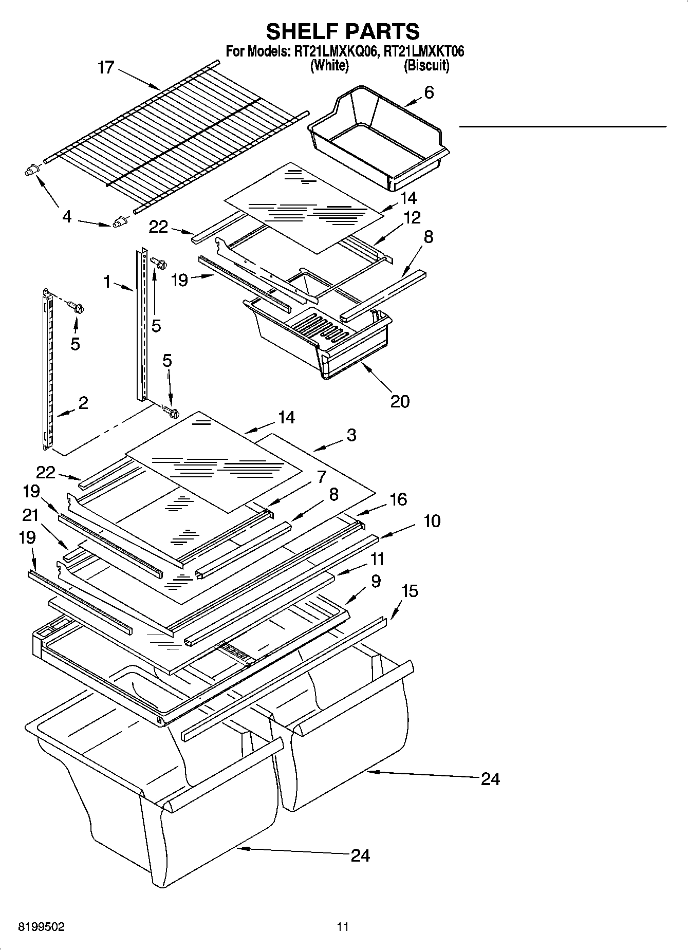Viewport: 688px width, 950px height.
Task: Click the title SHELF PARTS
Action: pos(343,31)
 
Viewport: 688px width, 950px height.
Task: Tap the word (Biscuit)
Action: pos(426,65)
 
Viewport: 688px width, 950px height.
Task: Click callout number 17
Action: pos(105,67)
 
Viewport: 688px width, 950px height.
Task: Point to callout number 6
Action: pos(429,92)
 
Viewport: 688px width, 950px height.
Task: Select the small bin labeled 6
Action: pos(378,136)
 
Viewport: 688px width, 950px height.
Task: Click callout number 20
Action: pos(400,401)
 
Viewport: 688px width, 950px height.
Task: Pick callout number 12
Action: pos(412,217)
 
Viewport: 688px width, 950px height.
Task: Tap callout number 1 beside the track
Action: pos(107,281)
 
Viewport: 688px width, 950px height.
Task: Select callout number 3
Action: pos(351,435)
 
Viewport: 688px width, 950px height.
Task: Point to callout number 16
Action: pos(398,499)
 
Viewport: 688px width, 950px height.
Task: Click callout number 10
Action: pos(432,521)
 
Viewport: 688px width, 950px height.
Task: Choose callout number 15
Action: pos(410,591)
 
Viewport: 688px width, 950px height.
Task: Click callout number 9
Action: pos(376,581)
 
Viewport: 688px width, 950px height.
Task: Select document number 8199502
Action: pos(41,927)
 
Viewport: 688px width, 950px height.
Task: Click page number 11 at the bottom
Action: pos(343,927)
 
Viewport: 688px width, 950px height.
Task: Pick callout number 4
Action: pos(67,217)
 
